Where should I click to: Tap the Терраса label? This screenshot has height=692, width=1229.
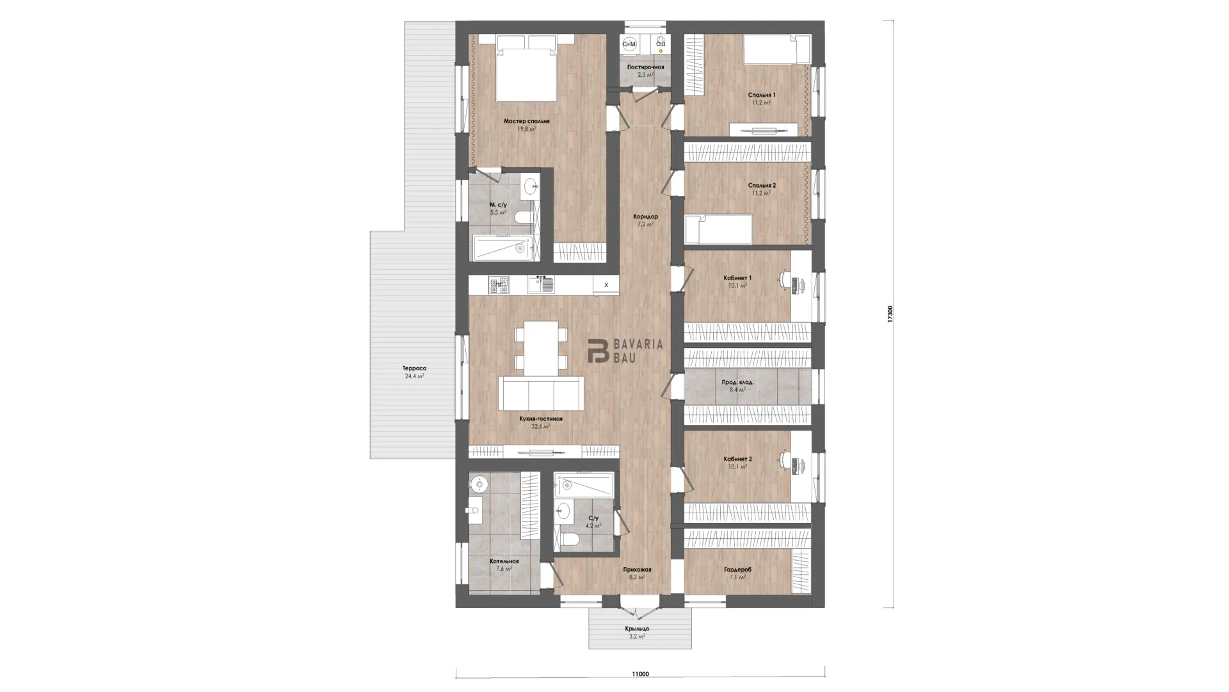(x=414, y=368)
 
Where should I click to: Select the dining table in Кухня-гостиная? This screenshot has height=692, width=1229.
(x=541, y=348)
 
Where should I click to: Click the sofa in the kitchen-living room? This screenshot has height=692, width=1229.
(x=541, y=393)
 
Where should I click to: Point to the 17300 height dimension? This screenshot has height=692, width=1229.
(x=890, y=314)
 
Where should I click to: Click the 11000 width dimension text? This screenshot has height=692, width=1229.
(x=640, y=673)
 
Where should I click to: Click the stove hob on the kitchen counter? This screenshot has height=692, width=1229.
(x=499, y=285)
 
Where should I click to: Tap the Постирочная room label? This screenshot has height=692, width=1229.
(x=645, y=67)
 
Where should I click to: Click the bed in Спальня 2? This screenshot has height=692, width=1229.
(x=718, y=229)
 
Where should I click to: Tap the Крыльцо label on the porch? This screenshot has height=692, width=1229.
(x=638, y=629)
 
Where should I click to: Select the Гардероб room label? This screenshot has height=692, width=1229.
(x=737, y=569)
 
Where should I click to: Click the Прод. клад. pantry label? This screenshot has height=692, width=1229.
(x=737, y=382)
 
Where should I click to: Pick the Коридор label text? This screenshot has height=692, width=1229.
(x=645, y=217)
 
